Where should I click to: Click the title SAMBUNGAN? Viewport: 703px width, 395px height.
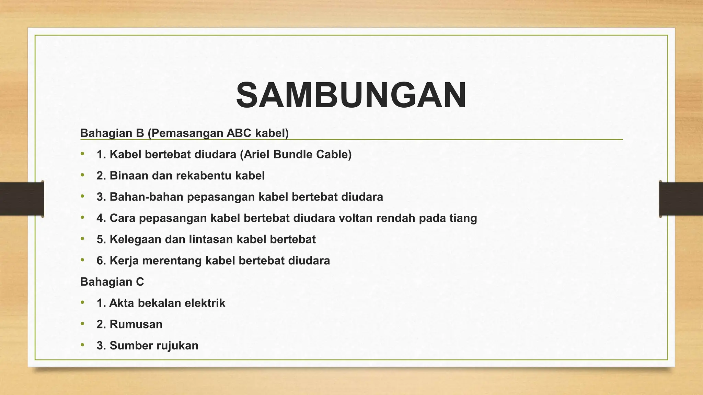tap(351, 95)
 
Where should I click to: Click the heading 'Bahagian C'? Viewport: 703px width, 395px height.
tap(112, 282)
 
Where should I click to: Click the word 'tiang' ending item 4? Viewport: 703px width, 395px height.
tap(463, 218)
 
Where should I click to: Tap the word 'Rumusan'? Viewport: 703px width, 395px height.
tap(136, 324)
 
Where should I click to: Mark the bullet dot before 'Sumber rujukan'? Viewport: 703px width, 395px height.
tap(82, 345)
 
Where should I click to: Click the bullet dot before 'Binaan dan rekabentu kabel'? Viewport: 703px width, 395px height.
tap(82, 175)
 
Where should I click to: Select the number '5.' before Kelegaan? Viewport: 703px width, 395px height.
tap(101, 239)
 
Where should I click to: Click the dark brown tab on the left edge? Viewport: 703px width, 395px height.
tap(22, 199)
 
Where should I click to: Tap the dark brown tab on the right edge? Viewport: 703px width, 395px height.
tap(681, 199)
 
